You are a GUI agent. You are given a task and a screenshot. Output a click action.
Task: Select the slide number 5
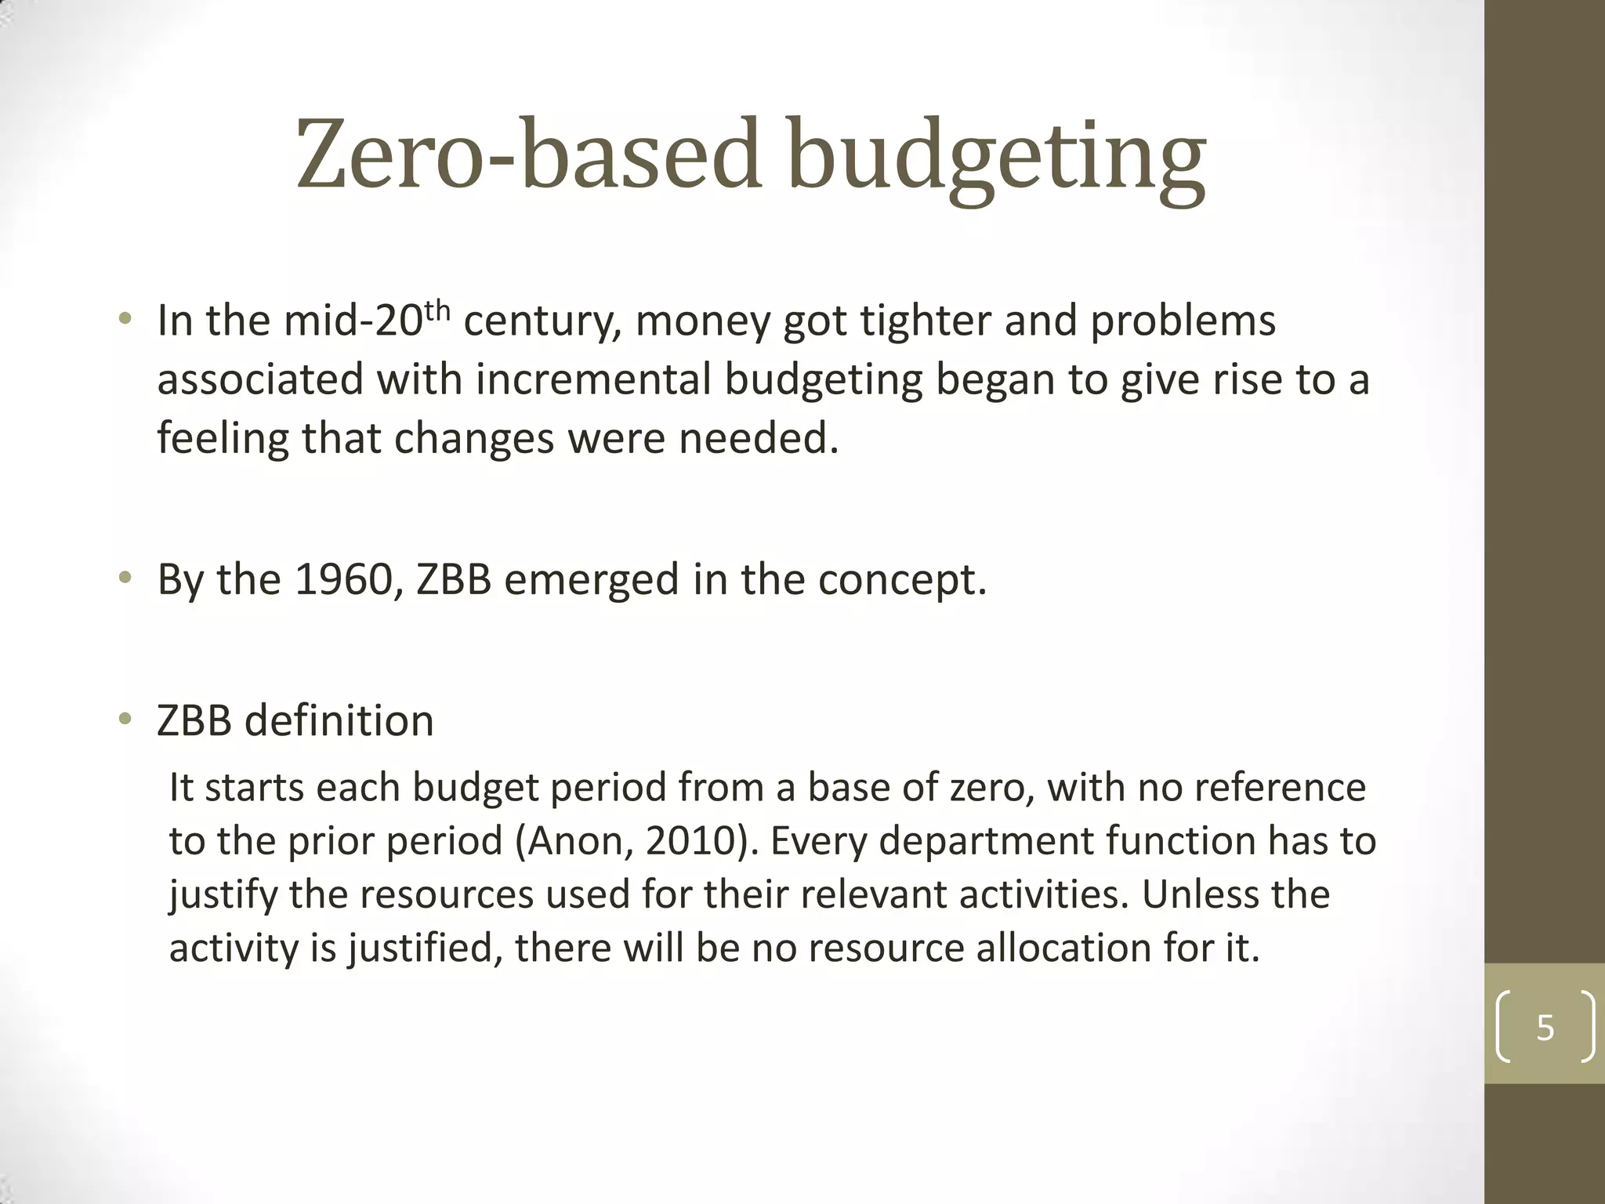tap(1545, 1027)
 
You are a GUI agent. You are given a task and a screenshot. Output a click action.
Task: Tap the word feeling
tap(223, 439)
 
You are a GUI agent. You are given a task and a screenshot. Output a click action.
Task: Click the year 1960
tap(343, 580)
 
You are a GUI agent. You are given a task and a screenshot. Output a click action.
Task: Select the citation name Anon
tap(575, 842)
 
